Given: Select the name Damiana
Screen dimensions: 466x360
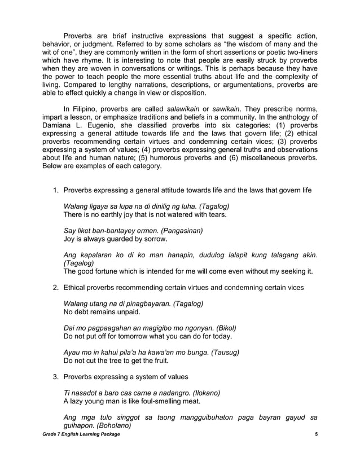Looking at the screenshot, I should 60,129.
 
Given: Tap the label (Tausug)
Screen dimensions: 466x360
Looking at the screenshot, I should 224,352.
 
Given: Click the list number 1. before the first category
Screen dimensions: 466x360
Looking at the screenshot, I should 55,190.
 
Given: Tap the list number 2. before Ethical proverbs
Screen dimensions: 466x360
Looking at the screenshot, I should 55,288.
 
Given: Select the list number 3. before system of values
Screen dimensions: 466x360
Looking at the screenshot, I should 55,376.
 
